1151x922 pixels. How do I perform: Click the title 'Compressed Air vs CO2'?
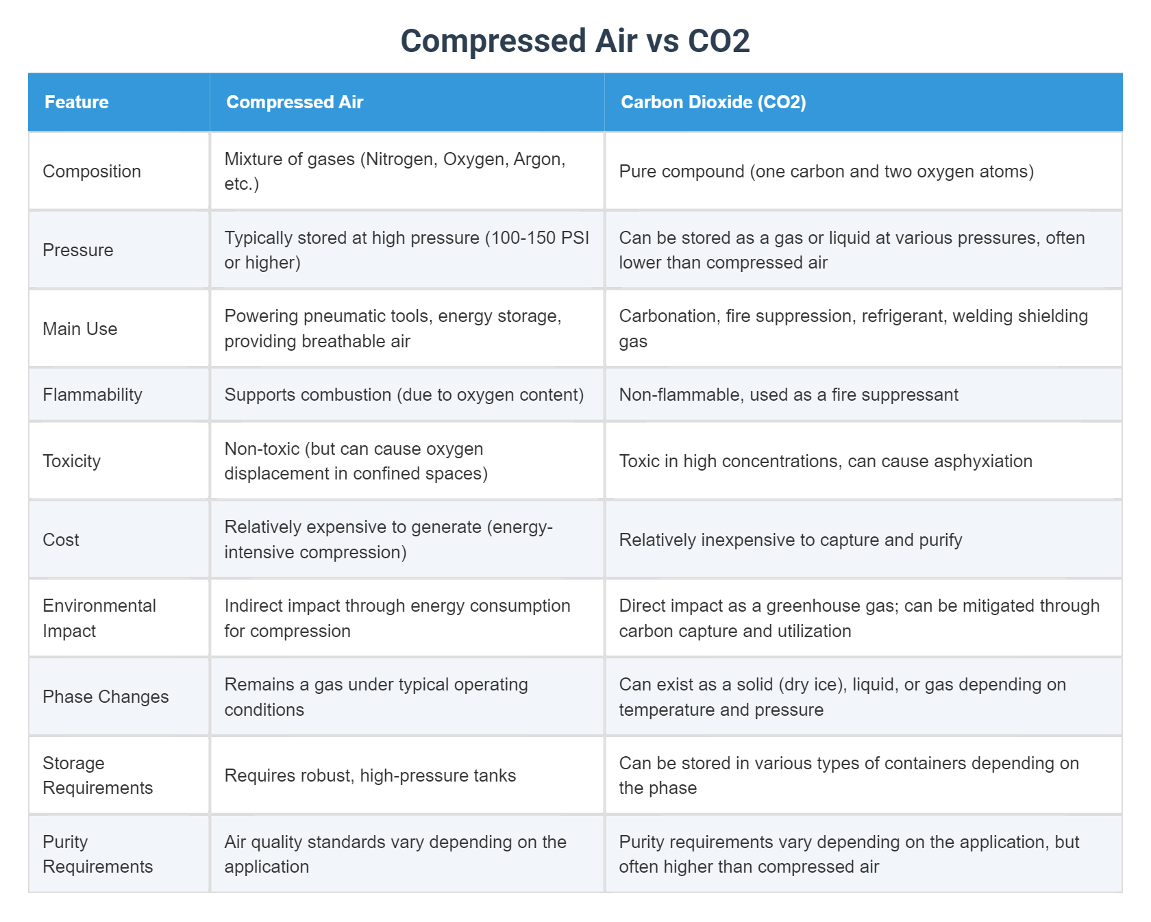pos(575,40)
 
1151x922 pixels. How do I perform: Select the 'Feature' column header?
pos(76,102)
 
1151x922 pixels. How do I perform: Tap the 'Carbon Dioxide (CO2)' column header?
pos(713,102)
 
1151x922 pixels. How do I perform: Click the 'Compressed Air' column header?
pos(294,102)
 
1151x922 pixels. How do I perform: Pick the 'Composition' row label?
pos(92,171)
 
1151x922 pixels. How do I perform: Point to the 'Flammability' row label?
pos(92,395)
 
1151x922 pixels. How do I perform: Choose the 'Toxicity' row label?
pos(71,461)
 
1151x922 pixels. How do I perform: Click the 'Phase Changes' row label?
pos(106,697)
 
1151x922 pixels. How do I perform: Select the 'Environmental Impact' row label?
pos(99,618)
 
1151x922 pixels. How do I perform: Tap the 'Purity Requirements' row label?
pos(97,854)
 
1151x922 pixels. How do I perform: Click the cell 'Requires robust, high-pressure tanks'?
pos(370,775)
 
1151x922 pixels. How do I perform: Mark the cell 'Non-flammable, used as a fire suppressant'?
pos(788,395)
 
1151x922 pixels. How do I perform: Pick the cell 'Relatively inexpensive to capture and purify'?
pos(790,540)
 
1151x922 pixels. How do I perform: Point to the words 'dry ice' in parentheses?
pos(810,684)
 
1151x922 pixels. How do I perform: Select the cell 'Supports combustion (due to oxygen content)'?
pos(404,395)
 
